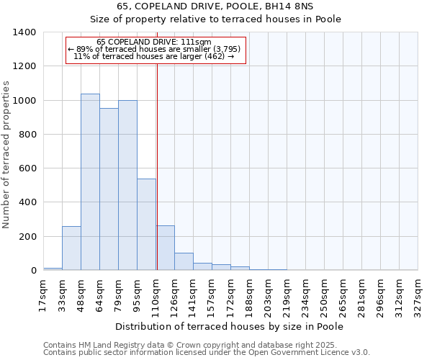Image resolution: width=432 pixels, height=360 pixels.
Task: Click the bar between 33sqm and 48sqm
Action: (71, 248)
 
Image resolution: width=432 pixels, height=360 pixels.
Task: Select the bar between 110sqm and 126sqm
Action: (165, 248)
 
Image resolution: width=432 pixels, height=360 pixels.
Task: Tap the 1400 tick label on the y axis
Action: (24, 32)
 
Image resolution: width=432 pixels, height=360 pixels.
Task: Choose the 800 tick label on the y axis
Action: (27, 135)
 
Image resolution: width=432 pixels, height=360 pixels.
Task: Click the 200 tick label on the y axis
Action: (27, 237)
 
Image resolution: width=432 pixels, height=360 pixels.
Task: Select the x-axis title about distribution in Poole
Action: (230, 326)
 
